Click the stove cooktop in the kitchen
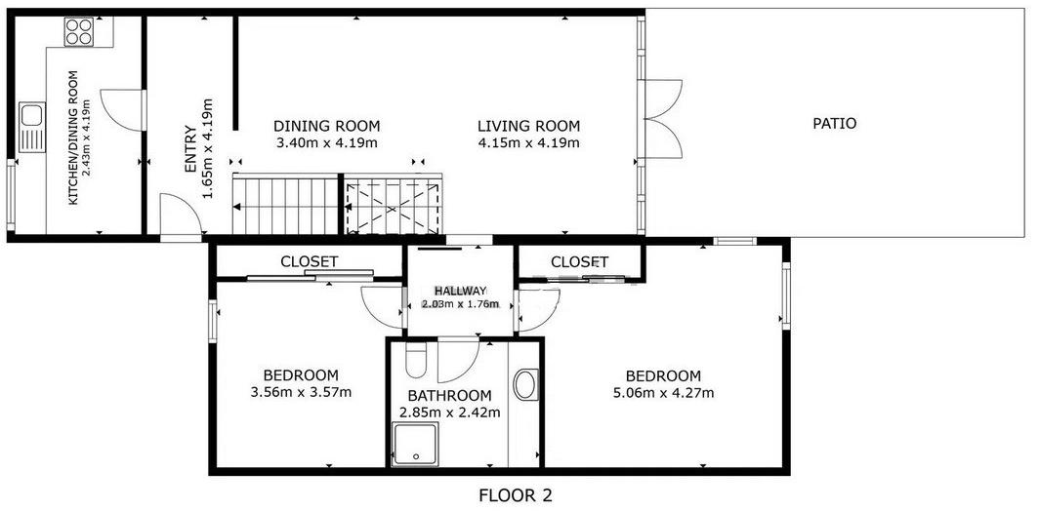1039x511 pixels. point(78,32)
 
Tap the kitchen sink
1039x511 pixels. point(31,127)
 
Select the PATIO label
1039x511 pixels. point(834,123)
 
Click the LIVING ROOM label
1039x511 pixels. point(529,126)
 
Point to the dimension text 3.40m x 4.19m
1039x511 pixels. point(326,142)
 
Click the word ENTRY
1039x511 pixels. point(190,149)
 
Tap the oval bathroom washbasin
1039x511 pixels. point(526,384)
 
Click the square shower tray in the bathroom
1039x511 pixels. point(415,444)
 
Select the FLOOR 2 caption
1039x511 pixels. point(515,494)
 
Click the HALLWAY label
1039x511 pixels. point(461,291)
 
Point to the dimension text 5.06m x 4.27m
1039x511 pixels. point(663,393)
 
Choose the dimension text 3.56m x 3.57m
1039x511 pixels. point(301,392)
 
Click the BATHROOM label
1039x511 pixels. point(449,396)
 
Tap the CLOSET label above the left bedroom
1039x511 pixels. point(309,261)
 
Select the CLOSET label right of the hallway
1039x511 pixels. point(579,262)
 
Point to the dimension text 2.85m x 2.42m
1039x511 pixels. point(449,413)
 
